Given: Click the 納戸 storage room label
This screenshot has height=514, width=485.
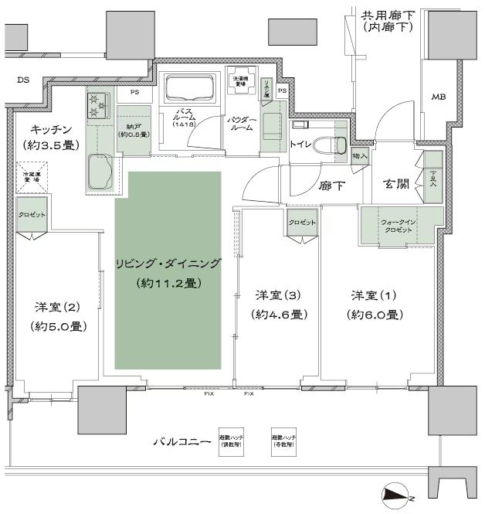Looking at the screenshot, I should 133,131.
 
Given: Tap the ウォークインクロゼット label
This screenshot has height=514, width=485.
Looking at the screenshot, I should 400,226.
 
